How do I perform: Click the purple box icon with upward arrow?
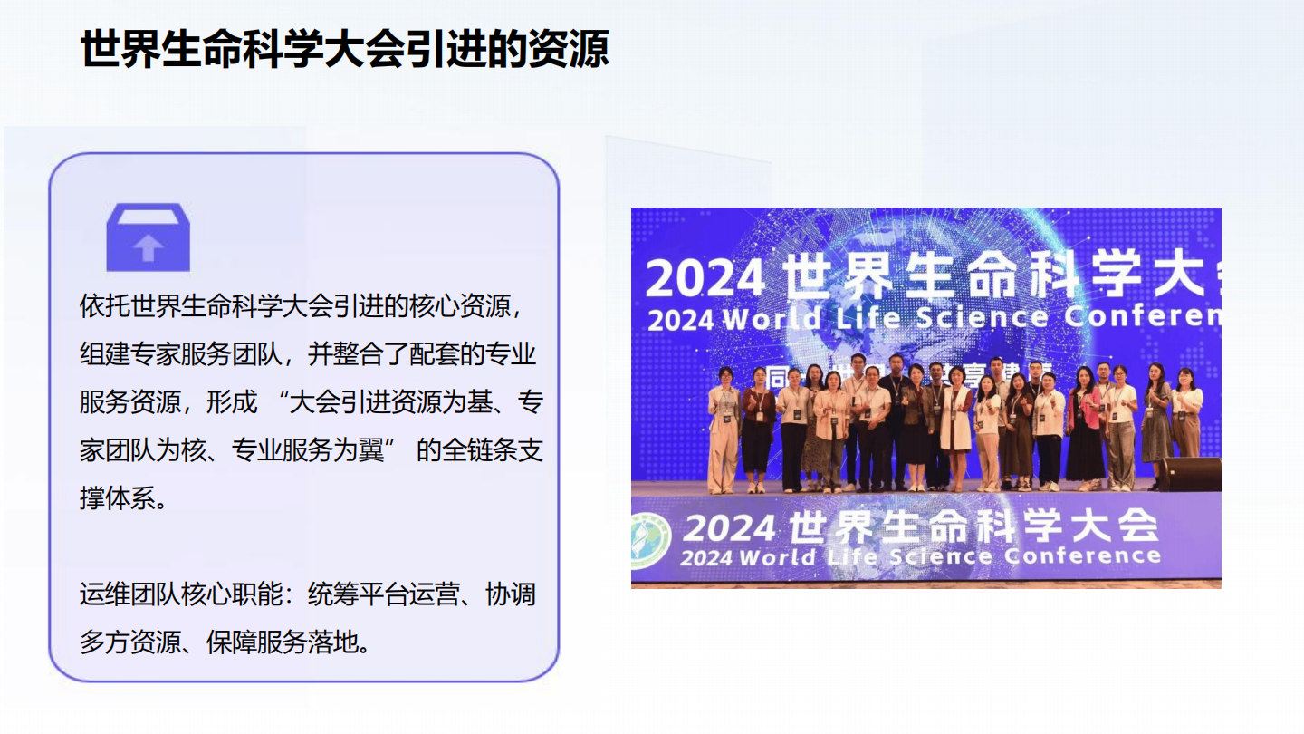tap(149, 237)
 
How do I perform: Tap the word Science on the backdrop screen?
tap(982, 318)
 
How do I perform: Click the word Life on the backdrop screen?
tap(868, 318)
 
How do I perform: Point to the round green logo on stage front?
tap(651, 540)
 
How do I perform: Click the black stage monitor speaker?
tap(1190, 473)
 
